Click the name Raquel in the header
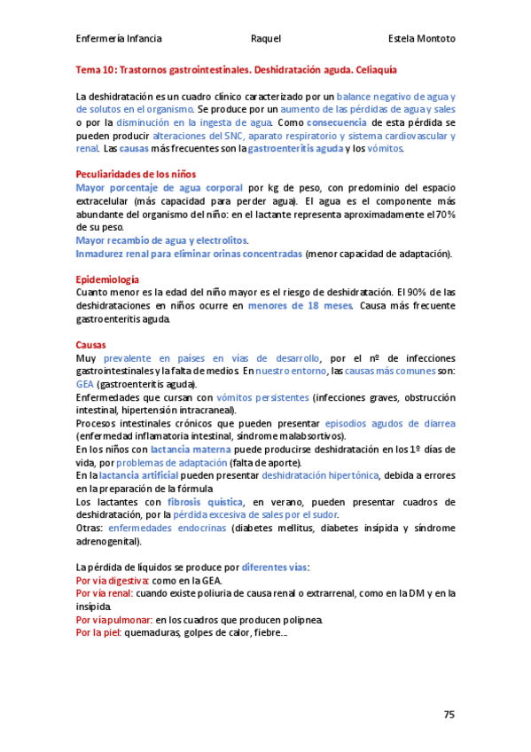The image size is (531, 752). tap(266, 39)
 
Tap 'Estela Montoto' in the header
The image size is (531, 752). tap(422, 39)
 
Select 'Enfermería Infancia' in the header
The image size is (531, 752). tap(119, 39)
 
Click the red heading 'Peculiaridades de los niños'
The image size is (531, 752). tap(136, 174)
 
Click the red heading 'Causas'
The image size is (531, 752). tap(91, 344)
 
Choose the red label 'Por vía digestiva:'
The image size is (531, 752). tap(113, 580)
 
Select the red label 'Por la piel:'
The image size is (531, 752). tap(98, 633)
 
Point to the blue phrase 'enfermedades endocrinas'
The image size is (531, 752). tap(166, 528)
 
